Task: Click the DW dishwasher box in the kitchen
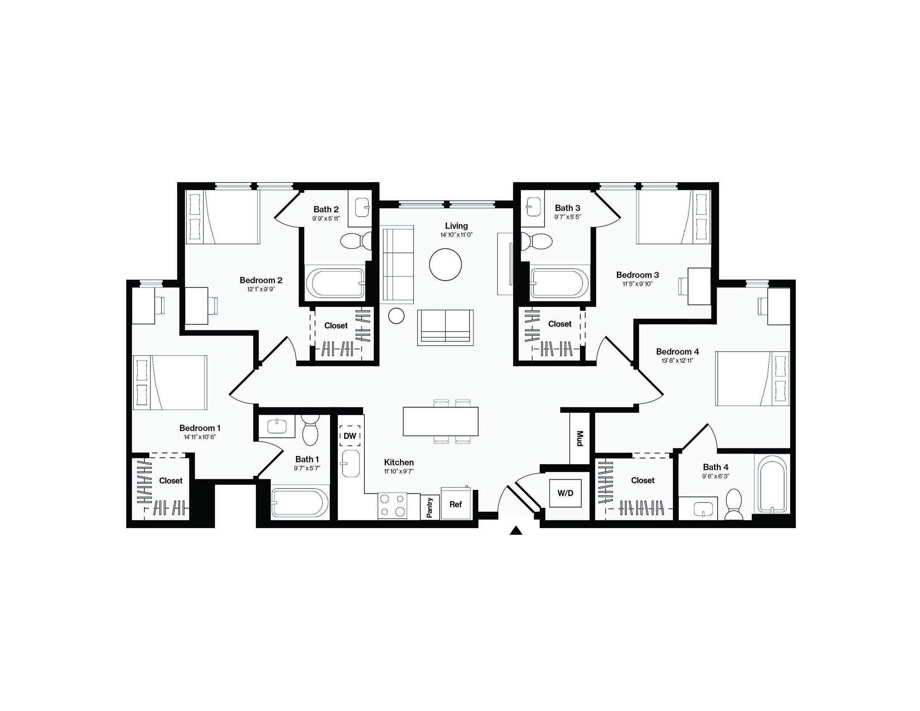(x=350, y=436)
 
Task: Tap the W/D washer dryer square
(x=565, y=493)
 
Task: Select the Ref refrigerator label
(x=455, y=504)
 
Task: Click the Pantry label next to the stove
(x=430, y=507)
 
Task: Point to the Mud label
(x=580, y=439)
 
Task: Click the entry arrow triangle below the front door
(x=516, y=531)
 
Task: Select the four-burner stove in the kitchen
(x=393, y=506)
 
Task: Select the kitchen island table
(x=440, y=421)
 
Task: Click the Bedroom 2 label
(x=261, y=280)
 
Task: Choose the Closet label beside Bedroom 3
(x=560, y=324)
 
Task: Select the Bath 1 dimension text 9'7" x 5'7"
(x=307, y=468)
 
